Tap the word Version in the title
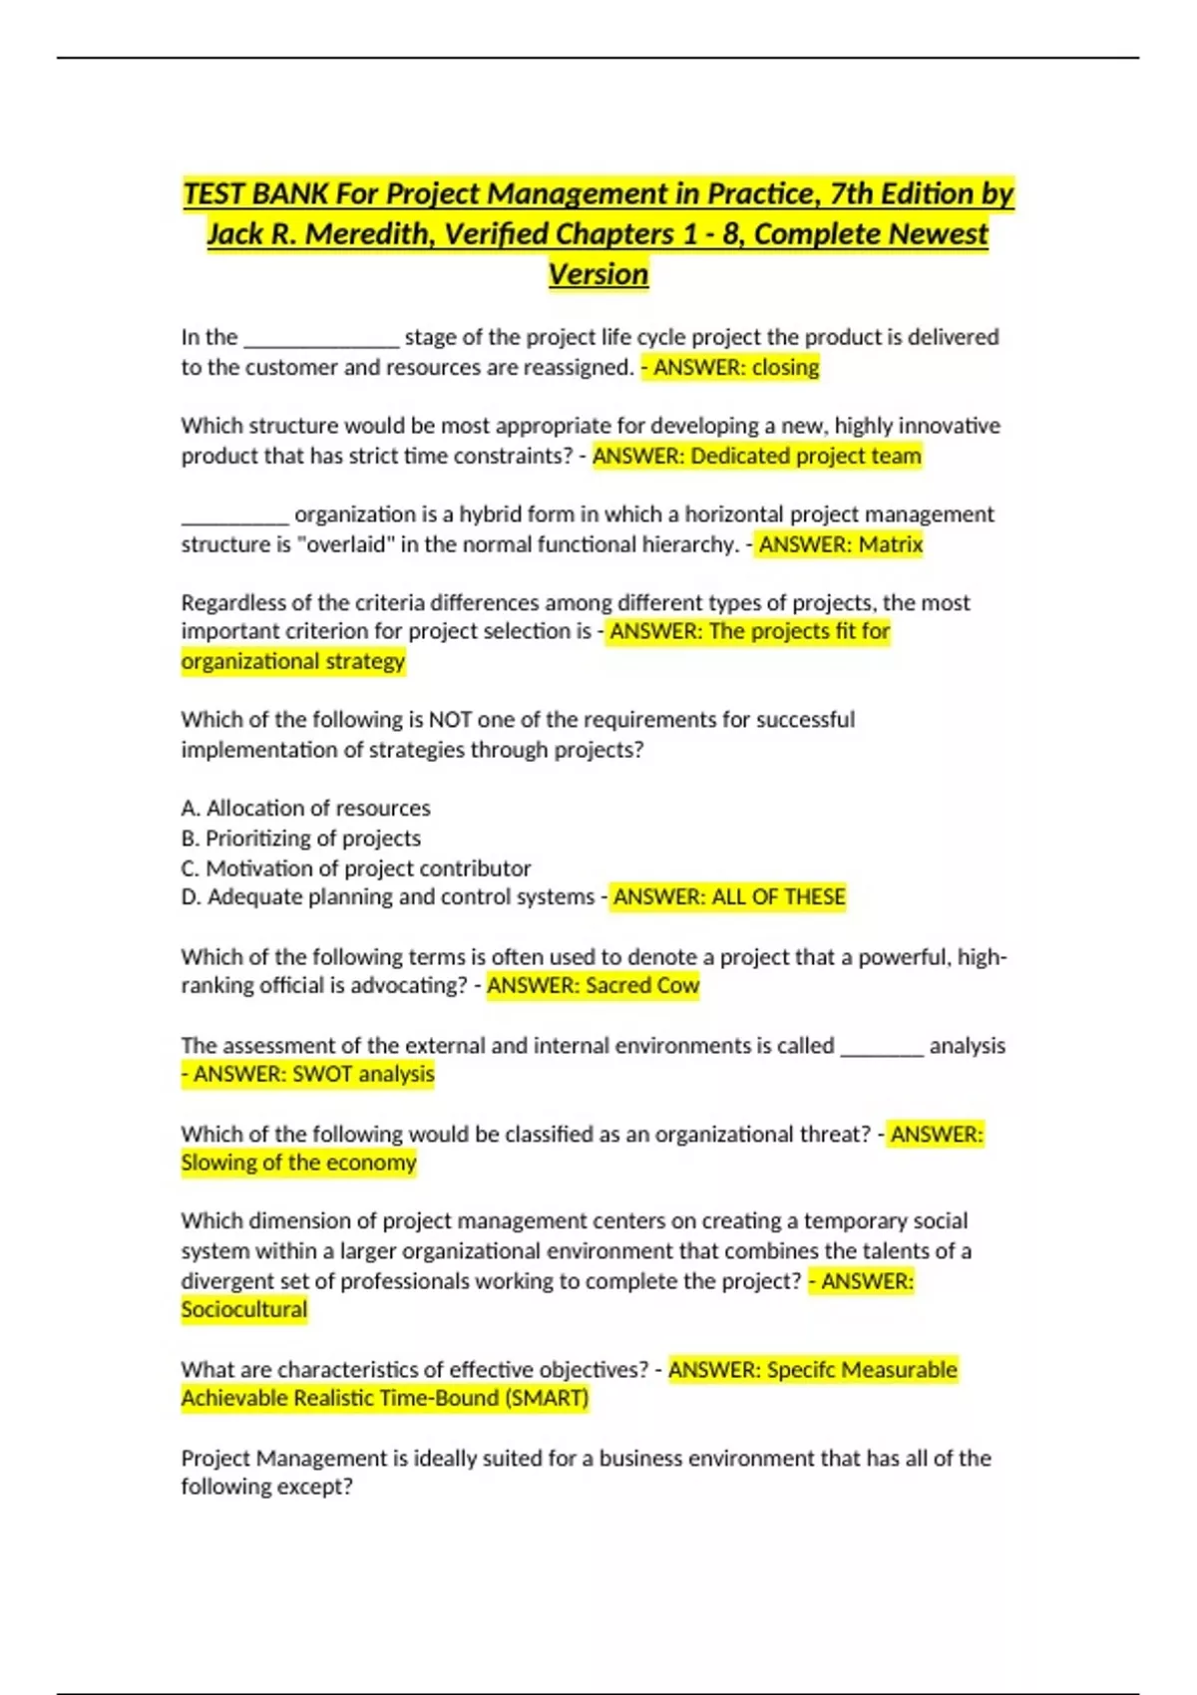click(x=598, y=274)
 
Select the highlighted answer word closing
click(x=785, y=368)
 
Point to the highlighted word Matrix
click(x=891, y=544)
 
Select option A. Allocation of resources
click(x=305, y=809)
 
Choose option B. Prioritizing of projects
click(x=300, y=839)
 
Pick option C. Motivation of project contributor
click(x=356, y=868)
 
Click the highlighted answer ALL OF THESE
click(x=778, y=897)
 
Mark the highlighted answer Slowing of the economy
click(x=298, y=1164)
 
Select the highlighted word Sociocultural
click(x=244, y=1310)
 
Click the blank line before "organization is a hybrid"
click(x=234, y=516)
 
